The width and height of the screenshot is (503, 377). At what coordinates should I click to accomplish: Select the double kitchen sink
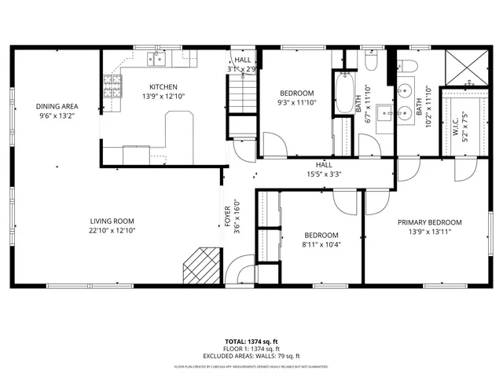click(158, 57)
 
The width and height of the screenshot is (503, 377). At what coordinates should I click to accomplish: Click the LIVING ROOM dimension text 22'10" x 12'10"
click(112, 231)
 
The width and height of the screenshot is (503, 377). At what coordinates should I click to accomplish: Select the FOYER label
click(228, 221)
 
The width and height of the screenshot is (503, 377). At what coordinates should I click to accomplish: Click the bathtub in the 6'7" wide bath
click(343, 93)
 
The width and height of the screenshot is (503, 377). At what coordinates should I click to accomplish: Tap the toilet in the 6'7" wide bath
click(373, 60)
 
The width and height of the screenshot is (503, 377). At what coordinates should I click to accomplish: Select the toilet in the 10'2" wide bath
click(413, 60)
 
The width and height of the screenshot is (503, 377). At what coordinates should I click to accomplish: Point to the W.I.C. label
click(455, 130)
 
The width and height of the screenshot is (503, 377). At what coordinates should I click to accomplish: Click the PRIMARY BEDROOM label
click(429, 222)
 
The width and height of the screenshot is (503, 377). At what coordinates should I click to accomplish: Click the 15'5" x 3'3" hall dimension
click(324, 174)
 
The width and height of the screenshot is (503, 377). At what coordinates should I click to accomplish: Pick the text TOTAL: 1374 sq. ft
click(251, 342)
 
